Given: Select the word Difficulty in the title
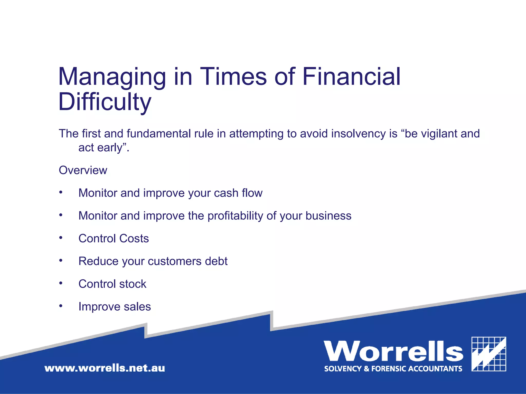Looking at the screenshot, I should tap(105, 102).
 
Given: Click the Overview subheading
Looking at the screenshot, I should tap(83, 170).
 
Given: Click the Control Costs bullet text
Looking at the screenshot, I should tap(114, 239).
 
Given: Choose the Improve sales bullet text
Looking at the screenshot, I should tap(115, 307).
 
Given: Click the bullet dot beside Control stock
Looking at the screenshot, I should tap(61, 283).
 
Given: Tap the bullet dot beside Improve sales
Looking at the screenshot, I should tap(61, 306).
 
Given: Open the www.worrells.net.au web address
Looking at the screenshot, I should tap(105, 368).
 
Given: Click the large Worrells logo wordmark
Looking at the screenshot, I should tap(393, 352).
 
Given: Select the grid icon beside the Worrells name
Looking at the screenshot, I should tap(489, 354).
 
